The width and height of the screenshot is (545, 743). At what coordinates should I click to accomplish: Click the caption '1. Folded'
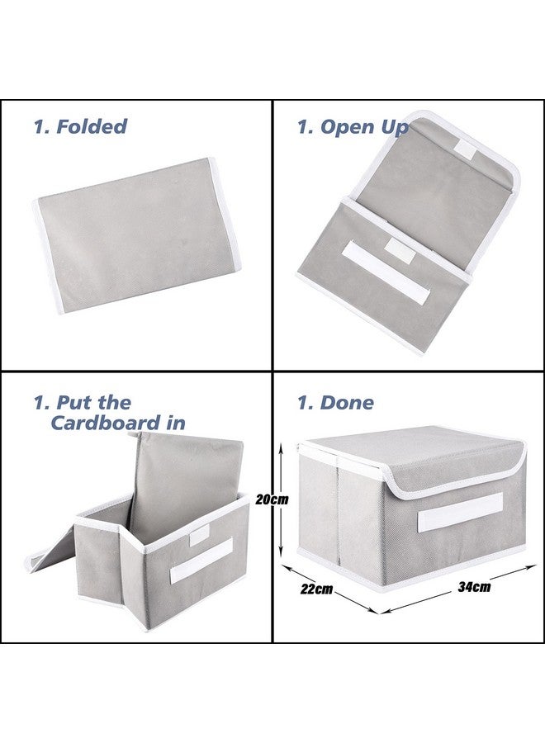80,126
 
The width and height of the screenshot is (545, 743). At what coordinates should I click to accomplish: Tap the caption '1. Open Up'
353,126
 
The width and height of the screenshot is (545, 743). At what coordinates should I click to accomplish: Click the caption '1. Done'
335,403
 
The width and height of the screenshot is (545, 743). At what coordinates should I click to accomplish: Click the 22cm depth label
317,589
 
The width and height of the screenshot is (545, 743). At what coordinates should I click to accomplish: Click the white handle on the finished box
459,512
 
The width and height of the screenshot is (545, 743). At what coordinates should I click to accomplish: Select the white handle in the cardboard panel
201,560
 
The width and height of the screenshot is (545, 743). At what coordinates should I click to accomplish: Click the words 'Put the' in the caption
93,403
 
